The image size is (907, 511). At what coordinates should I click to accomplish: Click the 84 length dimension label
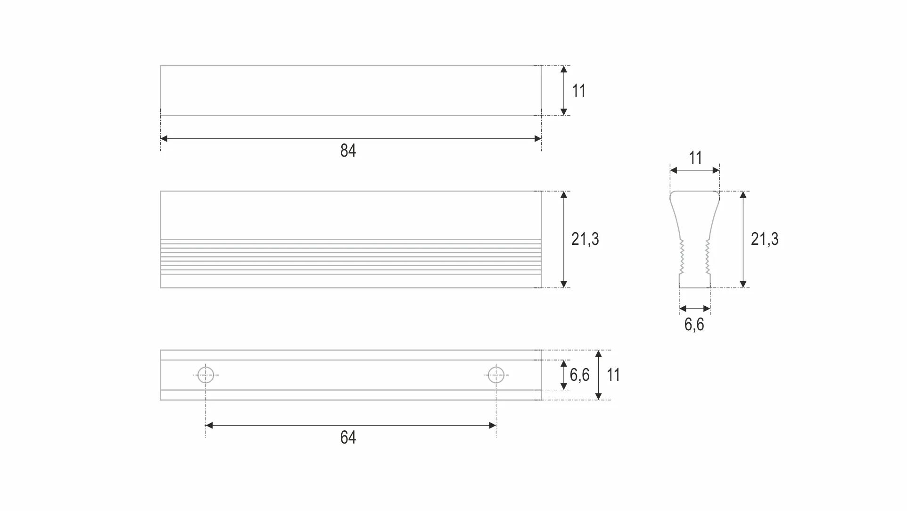coord(348,151)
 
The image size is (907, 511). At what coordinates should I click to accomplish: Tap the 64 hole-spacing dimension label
coord(348,437)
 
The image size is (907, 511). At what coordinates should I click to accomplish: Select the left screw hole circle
coord(206,375)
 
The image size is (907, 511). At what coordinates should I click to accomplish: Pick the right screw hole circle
coord(496,375)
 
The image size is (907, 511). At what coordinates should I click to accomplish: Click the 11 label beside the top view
coord(578,91)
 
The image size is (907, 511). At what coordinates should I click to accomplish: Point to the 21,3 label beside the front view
coord(585,239)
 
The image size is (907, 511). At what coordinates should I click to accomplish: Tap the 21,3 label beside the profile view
coord(765,239)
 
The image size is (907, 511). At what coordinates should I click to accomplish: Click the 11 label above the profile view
coord(695,158)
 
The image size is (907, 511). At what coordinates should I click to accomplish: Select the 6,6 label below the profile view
coord(694,325)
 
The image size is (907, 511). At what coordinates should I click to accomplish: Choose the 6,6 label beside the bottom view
coord(579,375)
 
